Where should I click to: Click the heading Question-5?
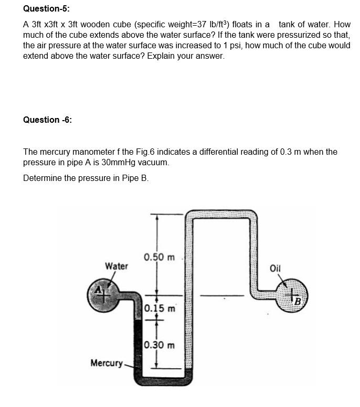(46, 9)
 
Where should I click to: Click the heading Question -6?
(47, 120)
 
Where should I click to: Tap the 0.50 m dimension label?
(159, 257)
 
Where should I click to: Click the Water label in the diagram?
(117, 266)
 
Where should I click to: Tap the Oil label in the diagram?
(276, 269)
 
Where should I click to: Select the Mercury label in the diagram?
(106, 363)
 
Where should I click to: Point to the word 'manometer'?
(91, 152)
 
